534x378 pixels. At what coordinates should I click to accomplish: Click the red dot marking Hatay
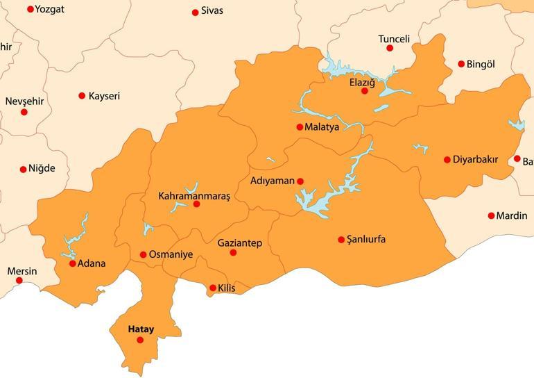click(140, 340)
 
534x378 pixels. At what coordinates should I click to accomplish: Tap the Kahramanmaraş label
click(194, 196)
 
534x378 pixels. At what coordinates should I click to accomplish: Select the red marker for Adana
click(73, 263)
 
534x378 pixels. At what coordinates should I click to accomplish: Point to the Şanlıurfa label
click(366, 240)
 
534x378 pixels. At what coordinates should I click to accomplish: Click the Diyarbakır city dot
click(447, 160)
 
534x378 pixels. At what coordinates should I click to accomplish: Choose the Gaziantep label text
click(239, 243)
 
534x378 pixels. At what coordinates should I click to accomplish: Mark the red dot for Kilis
click(213, 288)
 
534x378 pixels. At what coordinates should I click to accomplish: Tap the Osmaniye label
click(171, 255)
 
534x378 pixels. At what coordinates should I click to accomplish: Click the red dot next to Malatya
click(300, 127)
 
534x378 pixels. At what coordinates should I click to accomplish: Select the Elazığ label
click(362, 83)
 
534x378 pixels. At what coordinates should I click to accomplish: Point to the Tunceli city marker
click(390, 48)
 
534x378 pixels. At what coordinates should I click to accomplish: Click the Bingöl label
click(481, 65)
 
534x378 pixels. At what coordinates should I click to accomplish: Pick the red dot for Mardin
click(491, 216)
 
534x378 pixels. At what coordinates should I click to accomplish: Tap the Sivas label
click(212, 12)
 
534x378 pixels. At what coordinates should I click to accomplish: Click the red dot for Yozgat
click(30, 9)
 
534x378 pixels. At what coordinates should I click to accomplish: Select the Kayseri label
click(104, 96)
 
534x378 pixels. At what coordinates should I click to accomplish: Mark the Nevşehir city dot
click(24, 112)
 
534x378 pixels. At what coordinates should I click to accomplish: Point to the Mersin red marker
click(19, 281)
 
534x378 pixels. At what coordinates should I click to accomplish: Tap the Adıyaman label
click(273, 181)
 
